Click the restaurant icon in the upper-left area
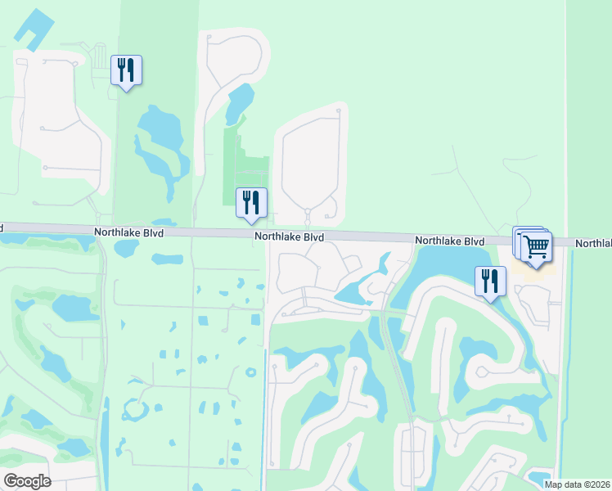[126, 70]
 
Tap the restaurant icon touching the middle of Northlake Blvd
[251, 202]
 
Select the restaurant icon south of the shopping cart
[490, 282]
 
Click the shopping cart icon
[535, 245]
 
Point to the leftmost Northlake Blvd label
[128, 233]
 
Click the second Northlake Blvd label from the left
[289, 237]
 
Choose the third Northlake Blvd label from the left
[449, 241]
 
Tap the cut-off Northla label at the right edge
[593, 244]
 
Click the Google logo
[27, 481]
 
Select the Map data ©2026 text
[577, 484]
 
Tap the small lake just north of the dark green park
[240, 101]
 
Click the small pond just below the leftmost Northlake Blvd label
[168, 259]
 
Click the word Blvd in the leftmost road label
[152, 233]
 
